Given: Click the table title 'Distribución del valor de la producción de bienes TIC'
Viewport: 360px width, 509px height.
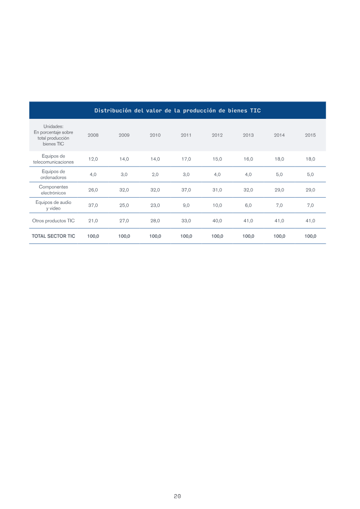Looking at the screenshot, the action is point(178,110).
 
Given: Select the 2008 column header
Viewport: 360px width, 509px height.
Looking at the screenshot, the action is point(93,135).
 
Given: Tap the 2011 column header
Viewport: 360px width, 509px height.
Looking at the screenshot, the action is point(186,135).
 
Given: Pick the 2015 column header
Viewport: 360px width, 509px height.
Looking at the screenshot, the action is point(310,135).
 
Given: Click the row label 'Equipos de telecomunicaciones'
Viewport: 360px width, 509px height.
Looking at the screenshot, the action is point(53,159).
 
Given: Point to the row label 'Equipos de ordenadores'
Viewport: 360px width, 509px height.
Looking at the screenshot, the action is point(53,174).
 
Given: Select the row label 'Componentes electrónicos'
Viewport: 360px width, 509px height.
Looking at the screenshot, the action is point(53,190).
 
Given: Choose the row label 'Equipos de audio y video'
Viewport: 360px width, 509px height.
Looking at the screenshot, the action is point(53,205).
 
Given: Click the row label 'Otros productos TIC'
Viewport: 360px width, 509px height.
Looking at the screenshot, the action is point(53,221).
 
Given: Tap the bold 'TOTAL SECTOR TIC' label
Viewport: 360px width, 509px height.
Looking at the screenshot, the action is point(53,236).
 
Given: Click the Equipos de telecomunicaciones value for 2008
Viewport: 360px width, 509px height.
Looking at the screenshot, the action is point(93,159).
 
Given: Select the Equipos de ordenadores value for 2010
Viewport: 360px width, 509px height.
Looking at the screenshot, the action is point(155,174).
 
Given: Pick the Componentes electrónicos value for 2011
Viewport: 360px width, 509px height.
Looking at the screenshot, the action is point(186,190).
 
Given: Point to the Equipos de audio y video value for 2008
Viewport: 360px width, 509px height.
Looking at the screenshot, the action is point(93,205).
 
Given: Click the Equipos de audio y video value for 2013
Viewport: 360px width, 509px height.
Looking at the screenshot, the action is point(248,205).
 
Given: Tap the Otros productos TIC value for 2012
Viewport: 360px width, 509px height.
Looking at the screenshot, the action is point(217,221).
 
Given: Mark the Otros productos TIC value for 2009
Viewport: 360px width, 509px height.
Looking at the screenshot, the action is point(124,221).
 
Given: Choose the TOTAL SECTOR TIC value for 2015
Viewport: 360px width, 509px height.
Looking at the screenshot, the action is point(310,236).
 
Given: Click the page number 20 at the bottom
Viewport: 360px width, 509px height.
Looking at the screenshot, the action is point(177,496).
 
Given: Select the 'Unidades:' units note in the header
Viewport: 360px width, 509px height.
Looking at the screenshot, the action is point(53,126).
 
